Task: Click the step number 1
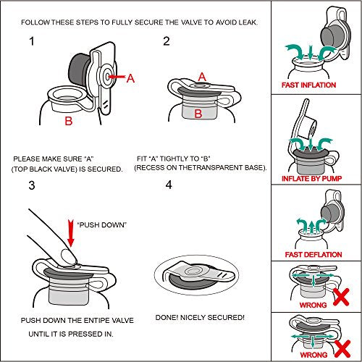[32, 41]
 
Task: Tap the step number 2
[167, 41]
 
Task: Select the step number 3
[32, 185]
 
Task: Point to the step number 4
[169, 185]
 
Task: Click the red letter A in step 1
[130, 78]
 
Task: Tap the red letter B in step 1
[69, 121]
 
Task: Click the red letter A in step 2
[202, 77]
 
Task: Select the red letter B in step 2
[198, 114]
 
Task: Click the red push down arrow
[71, 233]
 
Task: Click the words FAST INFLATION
[308, 85]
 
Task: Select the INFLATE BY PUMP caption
[311, 179]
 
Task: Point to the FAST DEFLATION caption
[313, 255]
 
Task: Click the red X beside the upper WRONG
[341, 297]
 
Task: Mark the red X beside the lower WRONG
[342, 349]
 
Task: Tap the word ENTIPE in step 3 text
[96, 321]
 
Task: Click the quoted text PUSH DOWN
[102, 225]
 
